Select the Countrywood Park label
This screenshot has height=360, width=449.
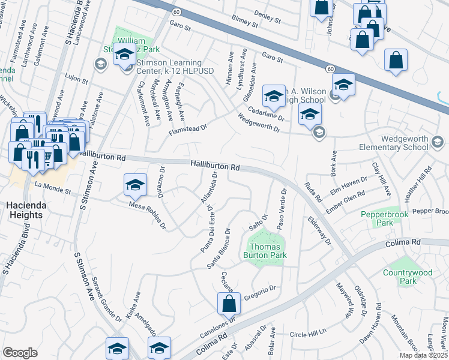click(408, 277)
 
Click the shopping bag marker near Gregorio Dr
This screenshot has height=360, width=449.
click(229, 304)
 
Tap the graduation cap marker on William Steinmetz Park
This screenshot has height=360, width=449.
click(124, 55)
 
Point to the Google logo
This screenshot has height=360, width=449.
click(20, 353)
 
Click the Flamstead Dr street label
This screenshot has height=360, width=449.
click(187, 128)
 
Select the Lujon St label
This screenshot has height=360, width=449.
click(76, 79)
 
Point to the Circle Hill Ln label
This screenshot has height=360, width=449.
click(307, 331)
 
